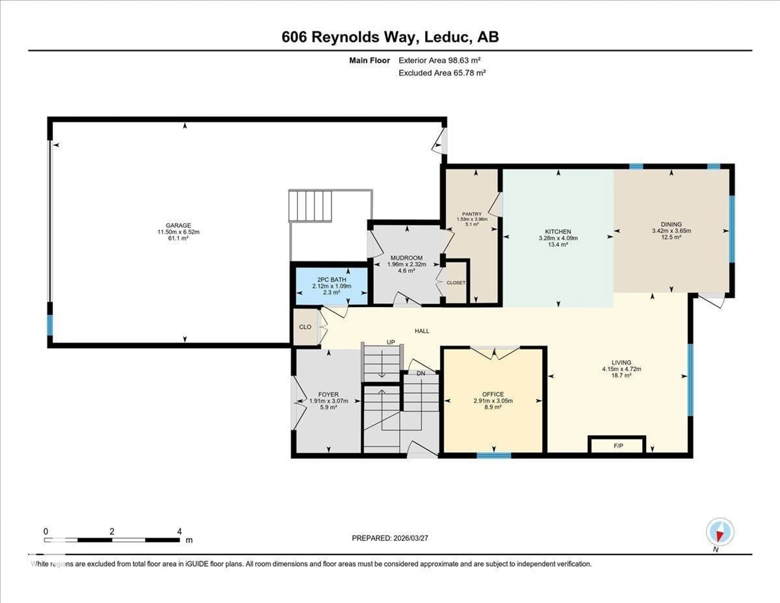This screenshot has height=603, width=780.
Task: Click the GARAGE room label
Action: click(178, 225)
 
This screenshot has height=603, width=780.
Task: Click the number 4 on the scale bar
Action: click(179, 531)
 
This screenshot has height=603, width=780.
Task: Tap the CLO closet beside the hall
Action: click(305, 327)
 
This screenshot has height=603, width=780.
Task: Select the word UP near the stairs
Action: click(391, 342)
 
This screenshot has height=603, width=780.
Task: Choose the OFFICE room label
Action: click(493, 394)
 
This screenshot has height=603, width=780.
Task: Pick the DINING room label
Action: click(671, 224)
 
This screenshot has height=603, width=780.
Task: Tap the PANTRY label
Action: click(472, 214)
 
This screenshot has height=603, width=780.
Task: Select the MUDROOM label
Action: click(406, 258)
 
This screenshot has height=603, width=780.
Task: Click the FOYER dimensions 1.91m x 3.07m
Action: click(328, 401)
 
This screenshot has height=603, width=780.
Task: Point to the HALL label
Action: click(422, 331)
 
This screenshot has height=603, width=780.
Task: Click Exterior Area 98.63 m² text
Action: click(439, 60)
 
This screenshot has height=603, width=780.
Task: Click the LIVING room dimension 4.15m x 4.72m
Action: click(621, 369)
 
